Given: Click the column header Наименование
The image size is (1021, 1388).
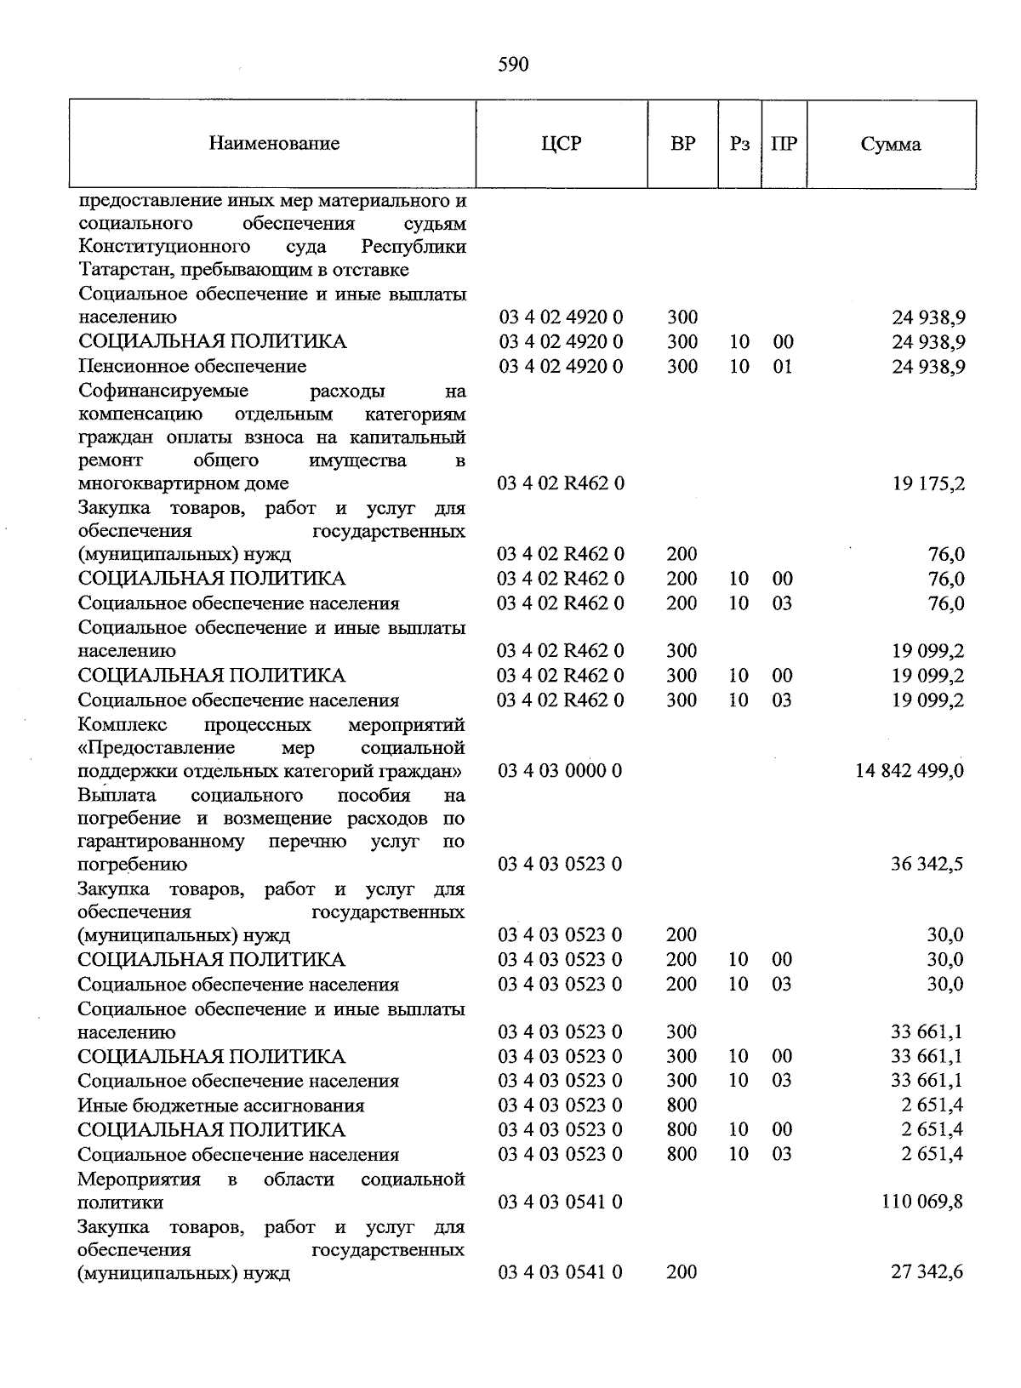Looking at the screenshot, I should (x=274, y=144).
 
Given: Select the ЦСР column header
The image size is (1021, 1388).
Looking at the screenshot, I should (x=561, y=144).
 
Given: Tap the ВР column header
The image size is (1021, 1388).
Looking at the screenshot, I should (x=682, y=144).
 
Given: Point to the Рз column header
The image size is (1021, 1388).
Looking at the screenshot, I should (x=739, y=144).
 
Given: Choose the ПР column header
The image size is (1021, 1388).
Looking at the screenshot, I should (x=784, y=144).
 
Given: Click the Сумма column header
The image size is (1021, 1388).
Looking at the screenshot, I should (x=890, y=145).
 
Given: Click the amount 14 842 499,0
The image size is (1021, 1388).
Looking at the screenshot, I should (x=909, y=771).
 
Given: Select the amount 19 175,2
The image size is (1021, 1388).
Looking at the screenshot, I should (x=928, y=484).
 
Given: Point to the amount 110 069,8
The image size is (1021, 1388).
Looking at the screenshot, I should (x=923, y=1202).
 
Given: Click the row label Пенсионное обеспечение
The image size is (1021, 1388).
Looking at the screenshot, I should (x=192, y=367).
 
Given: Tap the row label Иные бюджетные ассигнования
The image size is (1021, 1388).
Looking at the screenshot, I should (x=221, y=1105).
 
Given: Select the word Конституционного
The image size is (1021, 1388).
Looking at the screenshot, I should (x=164, y=247).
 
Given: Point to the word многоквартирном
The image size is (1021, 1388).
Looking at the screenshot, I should (x=152, y=484).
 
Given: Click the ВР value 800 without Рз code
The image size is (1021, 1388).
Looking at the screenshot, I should (x=682, y=1105).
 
